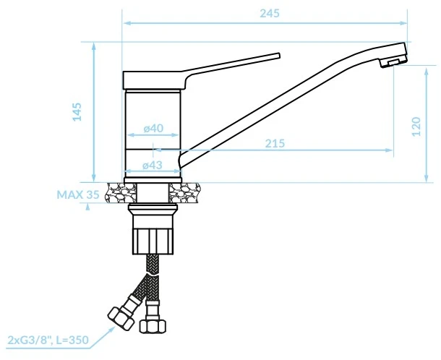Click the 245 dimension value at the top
click(x=270, y=13)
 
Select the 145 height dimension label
click(x=77, y=112)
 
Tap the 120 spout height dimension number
click(x=416, y=127)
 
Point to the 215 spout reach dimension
click(x=275, y=143)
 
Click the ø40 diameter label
click(x=153, y=128)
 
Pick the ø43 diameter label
click(x=153, y=165)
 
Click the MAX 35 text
click(x=78, y=194)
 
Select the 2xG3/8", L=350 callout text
click(x=48, y=340)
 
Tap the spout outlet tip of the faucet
click(x=394, y=62)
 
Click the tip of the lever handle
click(x=279, y=56)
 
